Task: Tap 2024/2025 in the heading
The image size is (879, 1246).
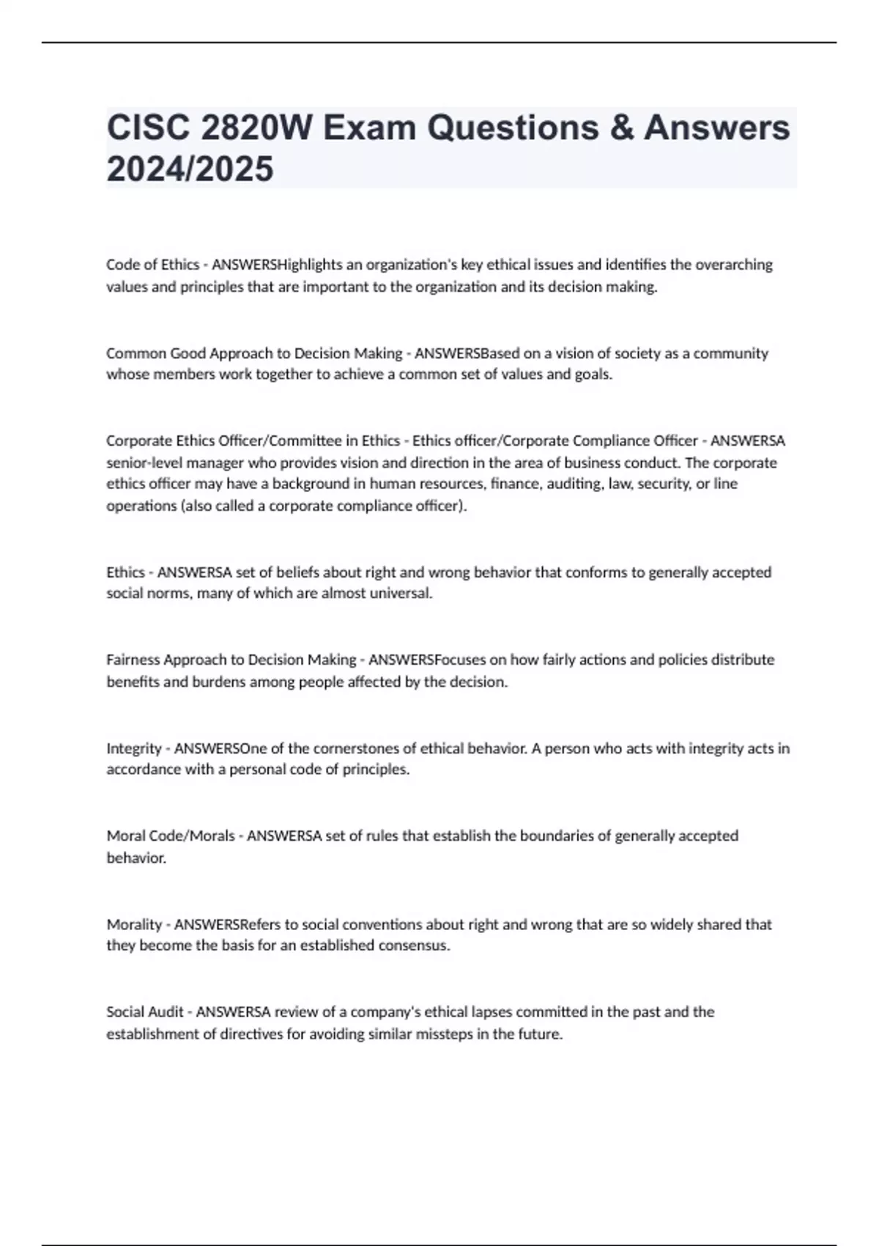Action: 190,169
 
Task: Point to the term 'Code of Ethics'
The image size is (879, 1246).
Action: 152,265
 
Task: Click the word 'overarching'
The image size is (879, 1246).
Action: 733,265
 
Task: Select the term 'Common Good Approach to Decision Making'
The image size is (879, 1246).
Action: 254,353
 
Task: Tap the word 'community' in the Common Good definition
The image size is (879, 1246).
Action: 730,353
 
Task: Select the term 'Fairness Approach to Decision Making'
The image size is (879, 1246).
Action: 231,660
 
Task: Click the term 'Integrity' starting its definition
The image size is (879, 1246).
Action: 134,748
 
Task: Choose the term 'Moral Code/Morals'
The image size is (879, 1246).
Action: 171,836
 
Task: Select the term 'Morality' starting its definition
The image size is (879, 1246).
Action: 134,924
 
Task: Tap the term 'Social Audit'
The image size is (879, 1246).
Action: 145,1012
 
